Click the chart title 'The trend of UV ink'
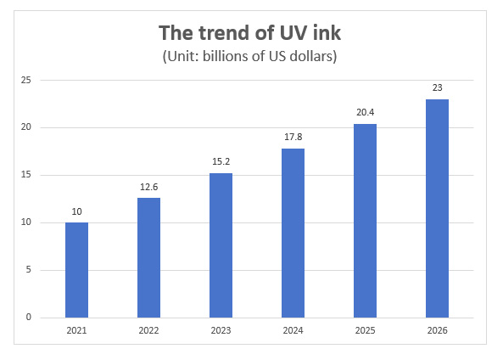click(x=252, y=33)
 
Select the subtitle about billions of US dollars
click(x=252, y=57)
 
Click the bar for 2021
click(x=76, y=270)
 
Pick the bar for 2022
click(x=148, y=258)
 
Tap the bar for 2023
click(x=221, y=245)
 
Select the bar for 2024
click(x=293, y=233)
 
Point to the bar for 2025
click(x=365, y=221)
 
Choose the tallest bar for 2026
click(x=437, y=209)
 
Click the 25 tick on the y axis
click(x=26, y=81)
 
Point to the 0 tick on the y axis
click(x=29, y=318)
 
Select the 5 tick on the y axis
click(x=29, y=270)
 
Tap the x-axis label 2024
click(x=293, y=331)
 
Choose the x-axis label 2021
click(x=76, y=331)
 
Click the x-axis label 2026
click(x=437, y=331)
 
